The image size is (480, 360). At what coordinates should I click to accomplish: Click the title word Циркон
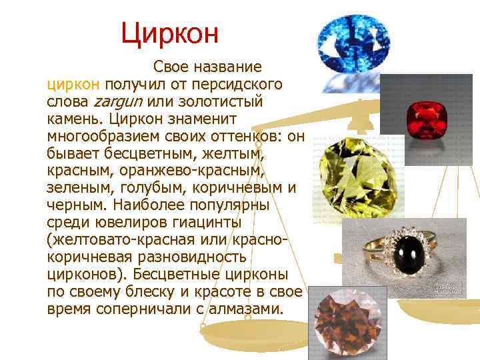tap(170, 31)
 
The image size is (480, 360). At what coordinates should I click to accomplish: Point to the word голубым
tap(143, 188)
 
